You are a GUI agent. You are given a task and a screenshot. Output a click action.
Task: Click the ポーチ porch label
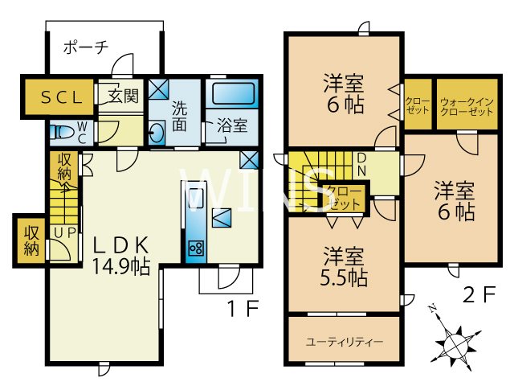[x=85, y=47]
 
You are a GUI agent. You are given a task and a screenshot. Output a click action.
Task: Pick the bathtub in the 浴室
[x=232, y=93]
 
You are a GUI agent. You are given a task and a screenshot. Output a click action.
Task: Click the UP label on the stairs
[x=61, y=232]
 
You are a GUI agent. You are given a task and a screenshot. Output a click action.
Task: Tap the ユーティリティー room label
[x=345, y=341]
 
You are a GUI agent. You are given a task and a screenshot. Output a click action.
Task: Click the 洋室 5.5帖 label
[x=346, y=268]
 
